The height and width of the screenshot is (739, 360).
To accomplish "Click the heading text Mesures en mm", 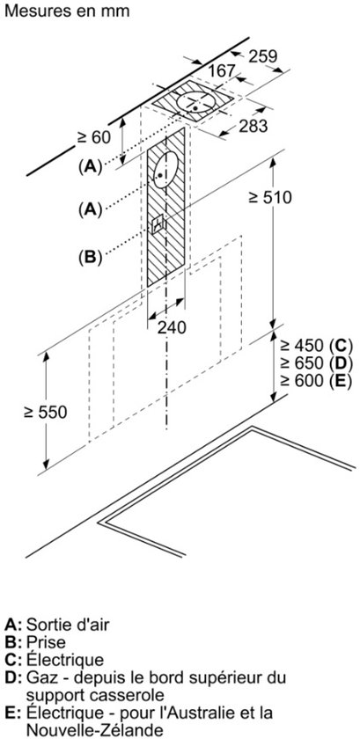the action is pos(67,11).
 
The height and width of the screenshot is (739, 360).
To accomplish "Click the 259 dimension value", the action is pos(263,56).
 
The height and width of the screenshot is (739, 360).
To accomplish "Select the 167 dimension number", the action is pos(222,70).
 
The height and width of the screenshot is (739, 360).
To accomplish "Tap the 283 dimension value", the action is pos(253,126).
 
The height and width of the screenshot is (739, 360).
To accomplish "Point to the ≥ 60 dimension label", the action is pos(94,137).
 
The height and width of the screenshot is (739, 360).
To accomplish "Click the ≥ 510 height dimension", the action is pos(270,198).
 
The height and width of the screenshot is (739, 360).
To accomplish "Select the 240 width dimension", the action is pos(172,328).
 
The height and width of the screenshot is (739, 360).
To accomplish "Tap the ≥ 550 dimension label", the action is pos(46,413).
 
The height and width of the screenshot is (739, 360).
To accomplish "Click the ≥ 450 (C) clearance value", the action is pos(316,346).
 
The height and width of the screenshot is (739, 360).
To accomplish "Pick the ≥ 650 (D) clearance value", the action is pos(316,363).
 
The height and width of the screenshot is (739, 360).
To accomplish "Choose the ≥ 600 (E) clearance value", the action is pos(316,381).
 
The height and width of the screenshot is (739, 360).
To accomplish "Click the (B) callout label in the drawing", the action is pos(90,257).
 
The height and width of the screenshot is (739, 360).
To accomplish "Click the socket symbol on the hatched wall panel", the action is pos(158,223).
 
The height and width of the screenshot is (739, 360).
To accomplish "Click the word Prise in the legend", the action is pos(46,642).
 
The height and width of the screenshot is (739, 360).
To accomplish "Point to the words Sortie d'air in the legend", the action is pos(68,625).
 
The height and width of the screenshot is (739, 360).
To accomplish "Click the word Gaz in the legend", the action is pos(41,678).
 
